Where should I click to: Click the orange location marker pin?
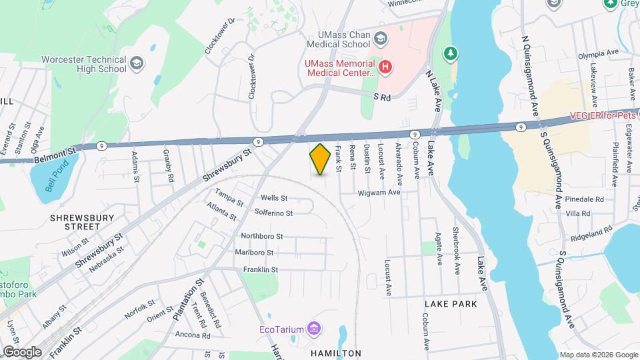pyautogui.click(x=321, y=159)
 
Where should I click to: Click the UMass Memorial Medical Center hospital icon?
pyautogui.click(x=384, y=66)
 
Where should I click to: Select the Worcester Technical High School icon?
pyautogui.click(x=137, y=63)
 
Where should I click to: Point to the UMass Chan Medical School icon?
pyautogui.click(x=380, y=37)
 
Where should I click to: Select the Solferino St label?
pyautogui.click(x=273, y=213)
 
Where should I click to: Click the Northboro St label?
pyautogui.click(x=262, y=236)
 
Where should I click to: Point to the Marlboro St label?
pyautogui.click(x=254, y=253)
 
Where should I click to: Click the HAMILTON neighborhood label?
pyautogui.click(x=336, y=353)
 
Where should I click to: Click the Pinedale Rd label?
pyautogui.click(x=583, y=199)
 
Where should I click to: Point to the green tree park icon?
pyautogui.click(x=451, y=52)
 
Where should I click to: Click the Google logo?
pyautogui.click(x=21, y=351)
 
